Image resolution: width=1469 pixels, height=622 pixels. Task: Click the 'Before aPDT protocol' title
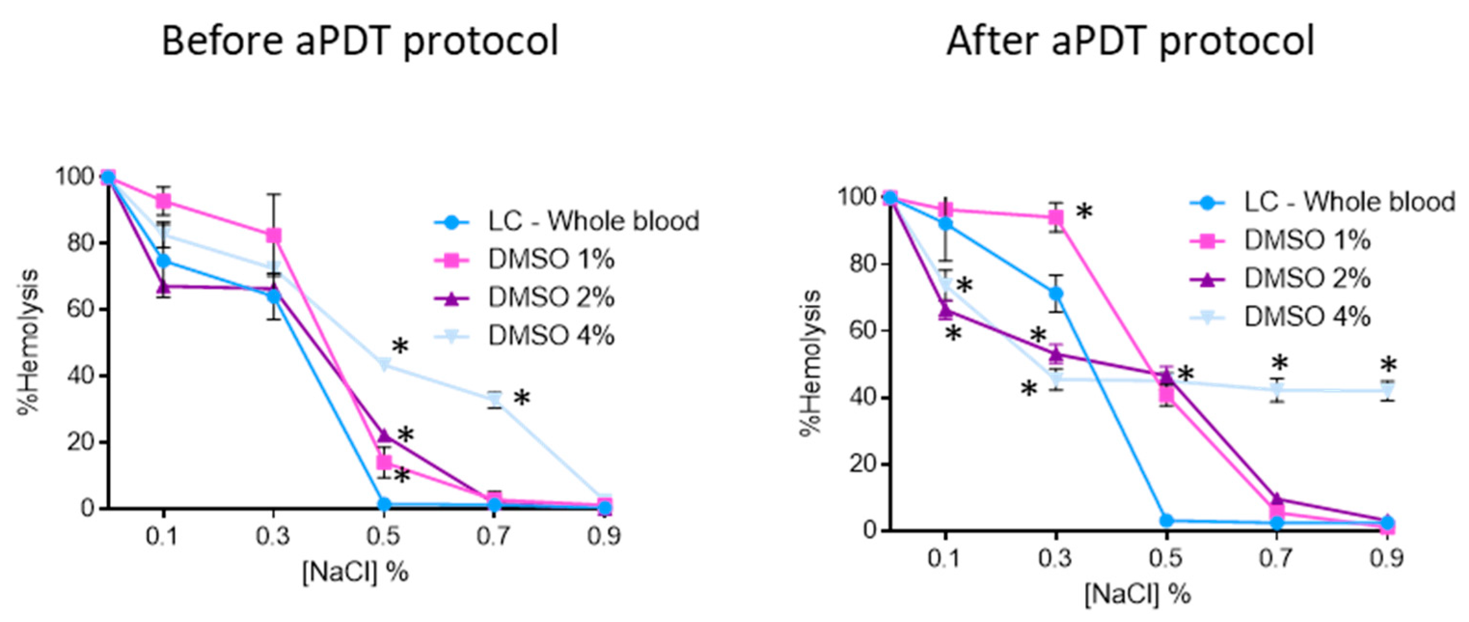360,41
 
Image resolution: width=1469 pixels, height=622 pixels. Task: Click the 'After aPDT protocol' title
1130,41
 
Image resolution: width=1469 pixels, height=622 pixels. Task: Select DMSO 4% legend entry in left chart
551,335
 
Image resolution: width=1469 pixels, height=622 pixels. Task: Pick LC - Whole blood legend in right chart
1349,202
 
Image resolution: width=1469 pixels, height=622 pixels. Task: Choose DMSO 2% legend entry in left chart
551,297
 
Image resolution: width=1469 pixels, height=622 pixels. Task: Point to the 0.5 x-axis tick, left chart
384,537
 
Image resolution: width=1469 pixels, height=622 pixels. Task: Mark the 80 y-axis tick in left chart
81,243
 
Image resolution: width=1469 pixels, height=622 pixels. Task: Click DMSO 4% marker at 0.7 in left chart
494,401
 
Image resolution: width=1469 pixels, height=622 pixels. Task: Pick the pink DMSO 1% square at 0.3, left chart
274,235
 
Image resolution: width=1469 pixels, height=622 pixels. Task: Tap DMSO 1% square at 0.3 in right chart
1056,218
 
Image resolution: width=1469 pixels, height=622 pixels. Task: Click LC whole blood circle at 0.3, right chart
1056,293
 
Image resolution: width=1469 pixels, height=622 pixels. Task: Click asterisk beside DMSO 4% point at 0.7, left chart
521,398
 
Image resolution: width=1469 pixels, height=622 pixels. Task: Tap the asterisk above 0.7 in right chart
1279,363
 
